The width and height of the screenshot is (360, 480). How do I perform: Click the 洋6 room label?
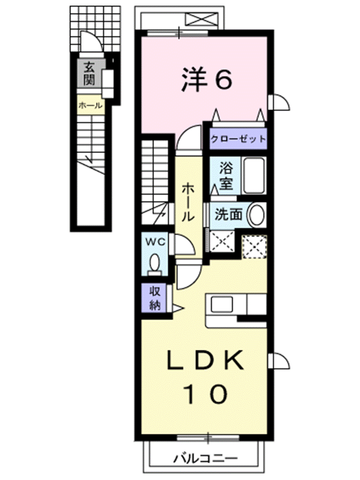[x=207, y=79]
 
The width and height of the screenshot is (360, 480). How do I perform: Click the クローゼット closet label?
[x=238, y=139]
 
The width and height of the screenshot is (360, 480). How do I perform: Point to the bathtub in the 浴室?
[x=254, y=175]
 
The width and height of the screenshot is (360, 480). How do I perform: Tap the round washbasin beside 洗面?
[x=256, y=215]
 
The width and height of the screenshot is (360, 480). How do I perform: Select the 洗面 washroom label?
[x=228, y=214]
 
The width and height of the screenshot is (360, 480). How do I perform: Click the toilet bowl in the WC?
[x=154, y=263]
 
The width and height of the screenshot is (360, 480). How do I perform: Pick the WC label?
[x=155, y=242]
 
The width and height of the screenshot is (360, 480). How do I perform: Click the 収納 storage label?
[x=155, y=298]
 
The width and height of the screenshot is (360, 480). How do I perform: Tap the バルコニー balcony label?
[x=205, y=458]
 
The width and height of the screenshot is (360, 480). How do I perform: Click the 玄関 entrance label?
[x=89, y=73]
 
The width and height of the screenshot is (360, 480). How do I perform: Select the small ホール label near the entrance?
[x=90, y=106]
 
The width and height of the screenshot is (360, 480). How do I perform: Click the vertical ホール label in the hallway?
[x=188, y=202]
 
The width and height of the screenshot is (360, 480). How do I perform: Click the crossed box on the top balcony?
[x=202, y=20]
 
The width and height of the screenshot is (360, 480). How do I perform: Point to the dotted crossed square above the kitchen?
[x=254, y=246]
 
